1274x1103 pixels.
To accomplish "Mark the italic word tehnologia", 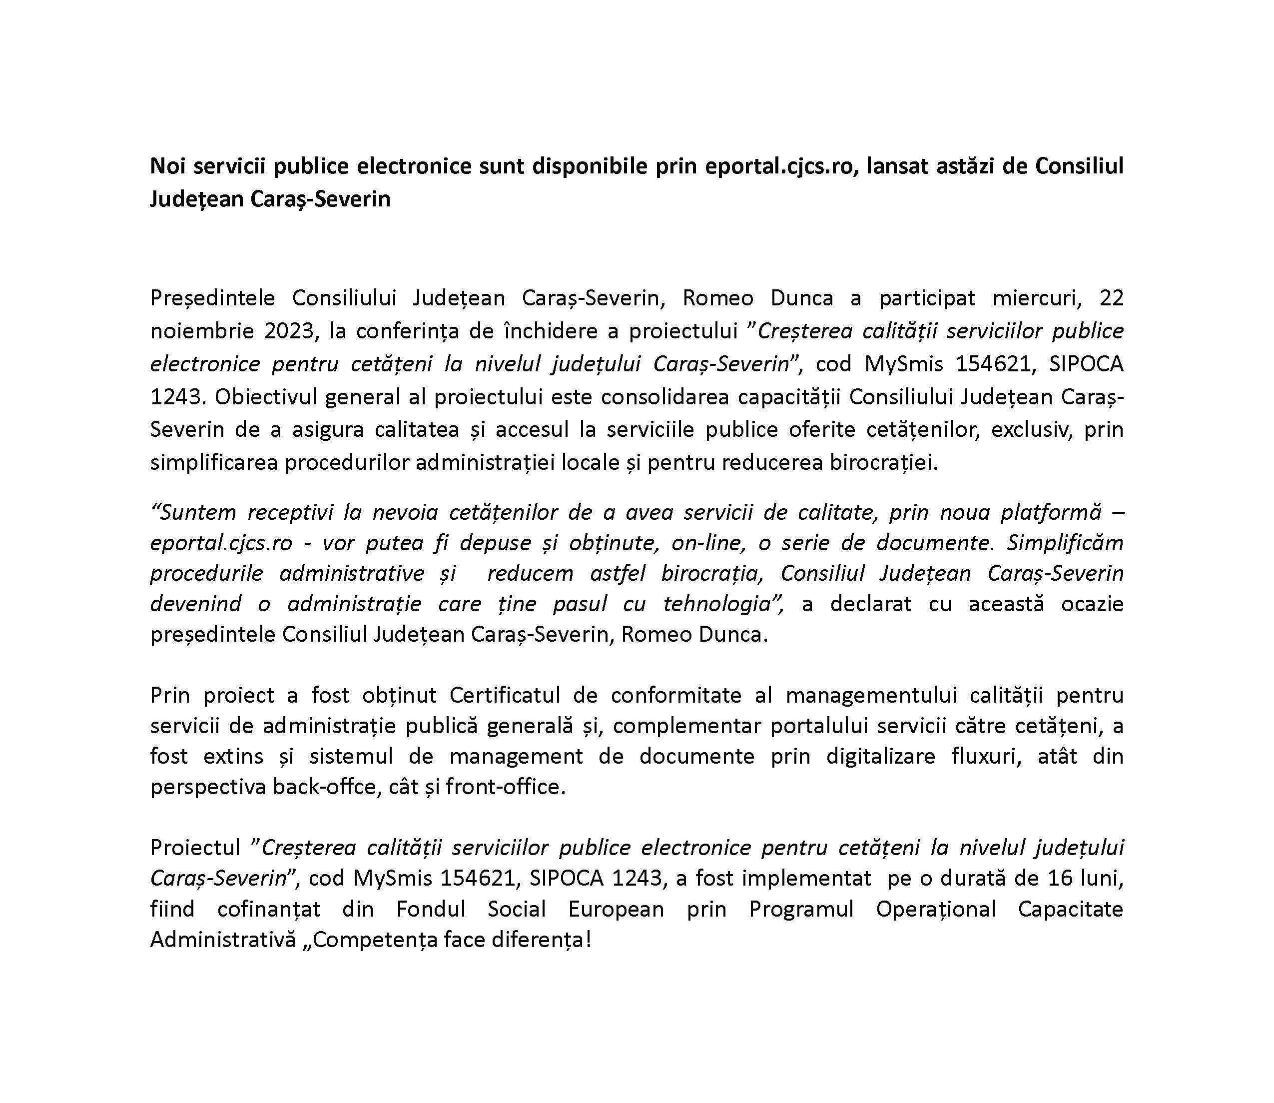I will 718,604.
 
